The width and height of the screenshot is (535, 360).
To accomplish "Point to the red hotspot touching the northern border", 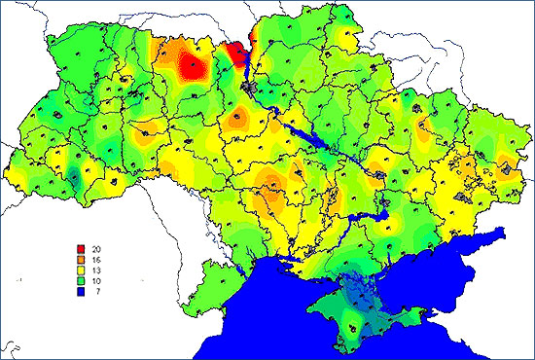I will pos(234,54).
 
